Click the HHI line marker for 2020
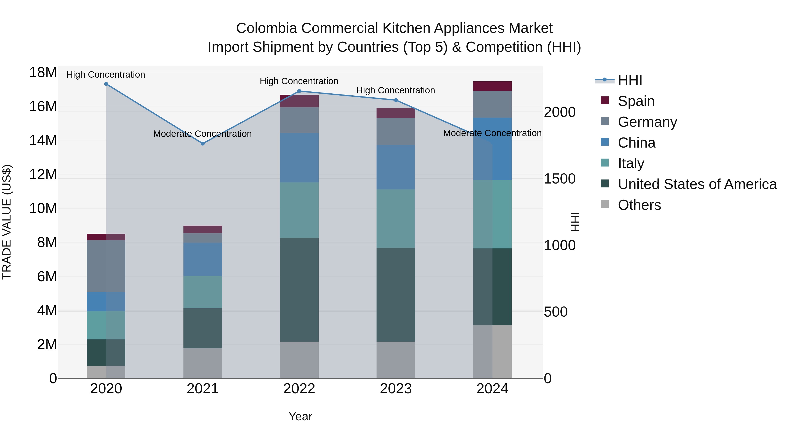tap(106, 84)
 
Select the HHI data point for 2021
tap(203, 143)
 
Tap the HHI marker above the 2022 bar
tap(299, 91)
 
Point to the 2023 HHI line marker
tap(396, 100)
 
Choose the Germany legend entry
tap(647, 122)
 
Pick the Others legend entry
tap(639, 205)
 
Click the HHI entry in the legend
tap(630, 80)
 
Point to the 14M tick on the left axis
tap(43, 140)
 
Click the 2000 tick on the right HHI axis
tap(560, 112)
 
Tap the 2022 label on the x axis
tap(299, 389)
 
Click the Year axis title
tap(300, 416)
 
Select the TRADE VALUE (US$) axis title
tap(7, 222)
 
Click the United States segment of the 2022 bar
tap(299, 290)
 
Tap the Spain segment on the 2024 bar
tap(492, 86)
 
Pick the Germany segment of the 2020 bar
tap(106, 266)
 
